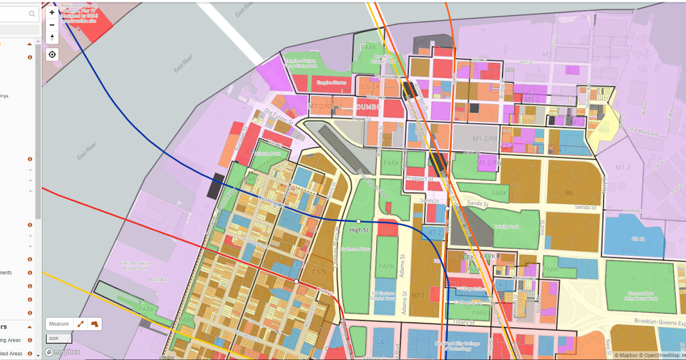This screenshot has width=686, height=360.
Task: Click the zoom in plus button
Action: (52, 12)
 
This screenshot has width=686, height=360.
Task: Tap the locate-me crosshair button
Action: (52, 54)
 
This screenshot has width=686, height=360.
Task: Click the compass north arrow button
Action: (52, 38)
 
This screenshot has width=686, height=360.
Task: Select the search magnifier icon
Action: (31, 14)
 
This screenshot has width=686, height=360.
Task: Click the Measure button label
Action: (59, 324)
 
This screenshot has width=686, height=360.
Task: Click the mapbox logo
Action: (63, 352)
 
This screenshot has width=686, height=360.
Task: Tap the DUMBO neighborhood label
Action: (368, 107)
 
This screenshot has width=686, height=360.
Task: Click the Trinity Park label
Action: (506, 227)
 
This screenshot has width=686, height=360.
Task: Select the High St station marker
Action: (358, 221)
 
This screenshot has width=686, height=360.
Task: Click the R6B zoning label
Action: (604, 130)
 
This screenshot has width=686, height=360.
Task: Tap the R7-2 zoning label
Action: (435, 233)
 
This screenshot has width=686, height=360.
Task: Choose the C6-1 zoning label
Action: (382, 342)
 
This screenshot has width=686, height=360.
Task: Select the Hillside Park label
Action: (268, 154)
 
